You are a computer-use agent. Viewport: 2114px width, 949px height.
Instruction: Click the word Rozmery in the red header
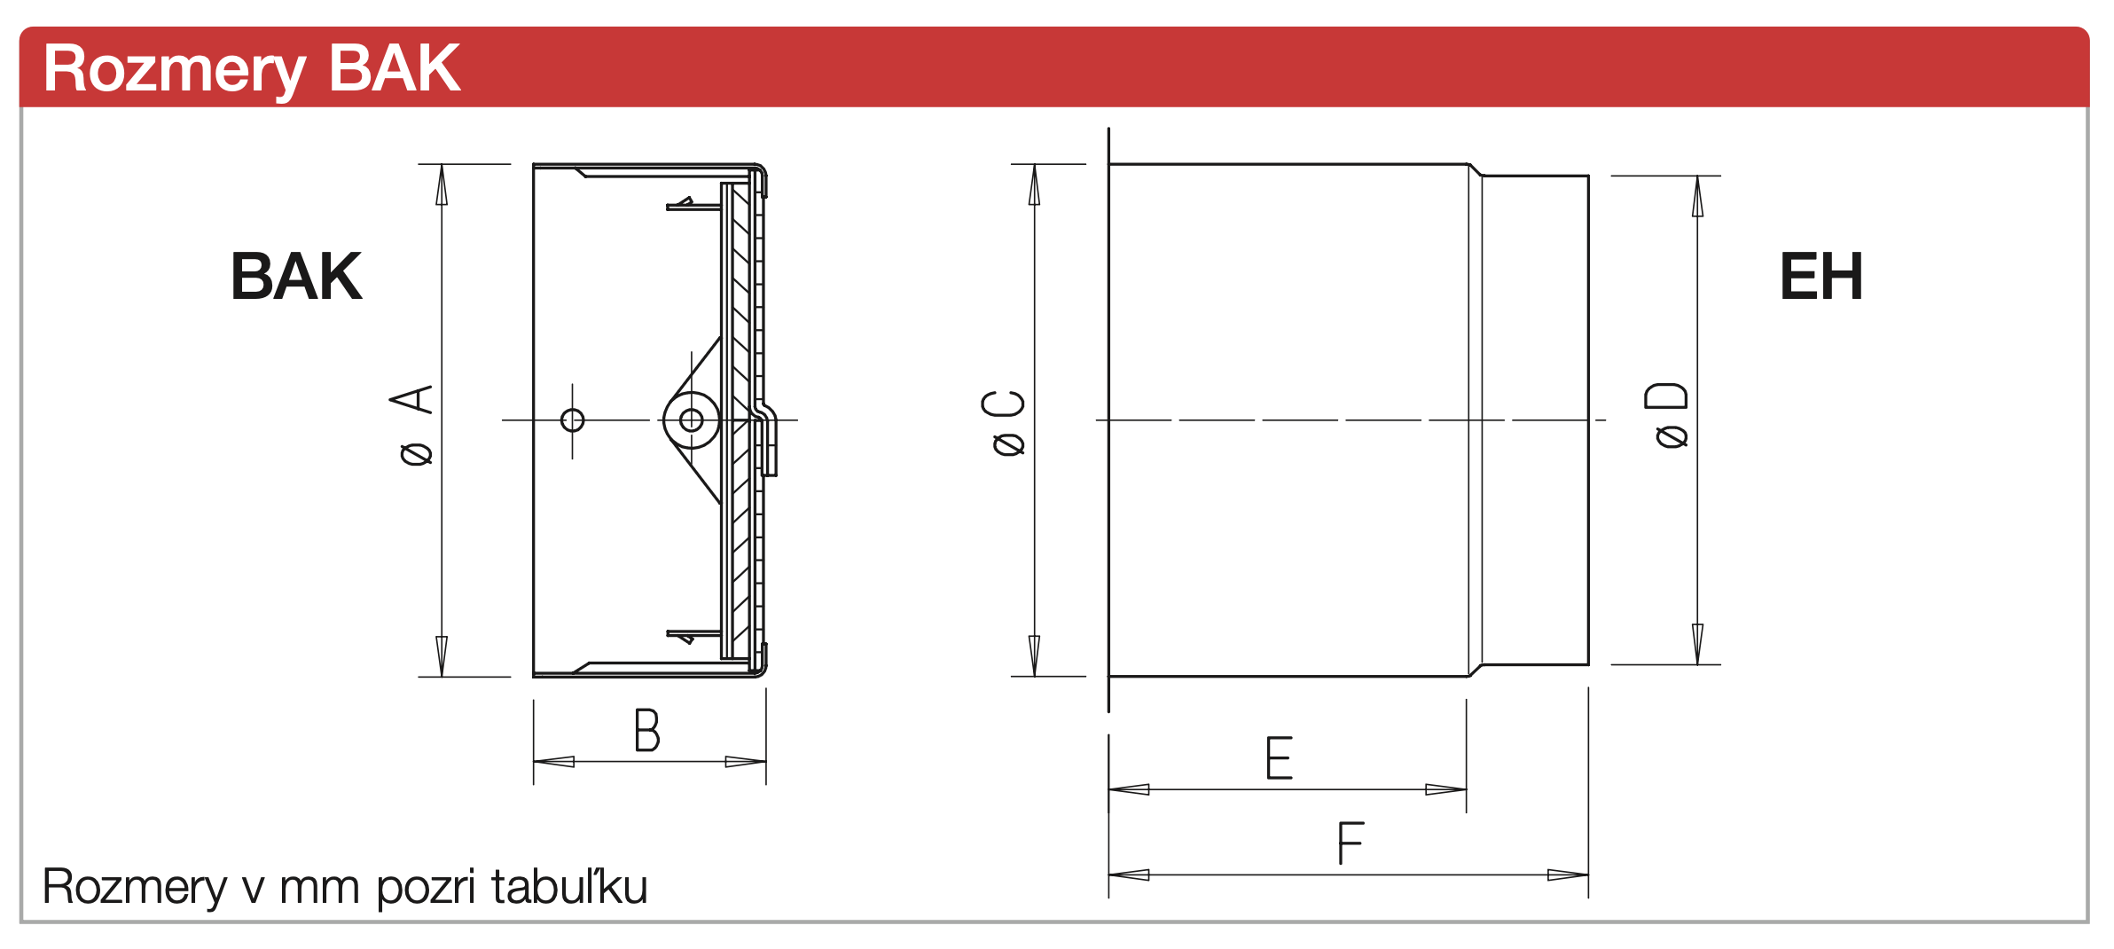[x=175, y=70]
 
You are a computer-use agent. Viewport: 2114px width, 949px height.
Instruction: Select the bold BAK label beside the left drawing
[x=296, y=276]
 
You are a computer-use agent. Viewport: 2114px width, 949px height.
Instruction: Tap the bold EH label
[x=1821, y=276]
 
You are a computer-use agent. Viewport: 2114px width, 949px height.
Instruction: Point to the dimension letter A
[x=411, y=399]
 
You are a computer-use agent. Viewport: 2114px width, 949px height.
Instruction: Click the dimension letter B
[x=647, y=730]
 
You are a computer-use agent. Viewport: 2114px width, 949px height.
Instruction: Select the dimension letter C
[x=1003, y=403]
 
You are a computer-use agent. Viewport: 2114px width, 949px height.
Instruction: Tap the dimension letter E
[x=1279, y=757]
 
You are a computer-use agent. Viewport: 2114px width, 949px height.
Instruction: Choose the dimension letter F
[x=1351, y=843]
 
